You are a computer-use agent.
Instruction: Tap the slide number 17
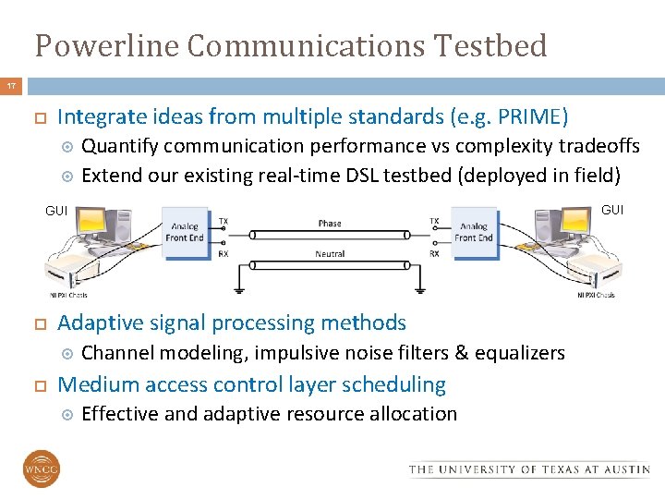point(11,86)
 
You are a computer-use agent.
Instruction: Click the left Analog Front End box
point(185,231)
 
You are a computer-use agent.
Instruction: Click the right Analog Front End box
point(473,231)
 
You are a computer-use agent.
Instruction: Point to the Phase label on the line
point(330,223)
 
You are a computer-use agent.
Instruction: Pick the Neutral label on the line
point(330,253)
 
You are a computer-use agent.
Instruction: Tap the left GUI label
point(56,211)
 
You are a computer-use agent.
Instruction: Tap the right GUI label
point(611,210)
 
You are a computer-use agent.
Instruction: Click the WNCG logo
point(42,469)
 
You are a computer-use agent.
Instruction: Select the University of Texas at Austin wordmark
point(529,469)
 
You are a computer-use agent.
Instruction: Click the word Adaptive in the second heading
point(94,323)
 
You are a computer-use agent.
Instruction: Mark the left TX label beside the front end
point(224,222)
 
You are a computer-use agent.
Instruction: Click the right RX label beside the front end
point(433,253)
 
